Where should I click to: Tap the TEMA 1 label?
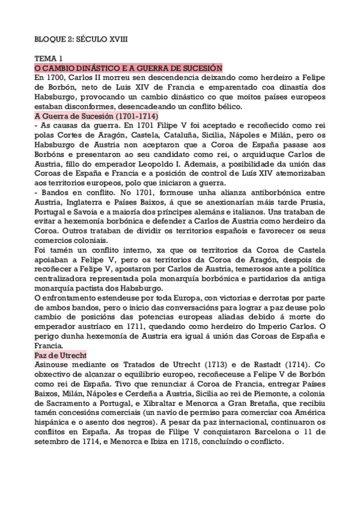[49, 59]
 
